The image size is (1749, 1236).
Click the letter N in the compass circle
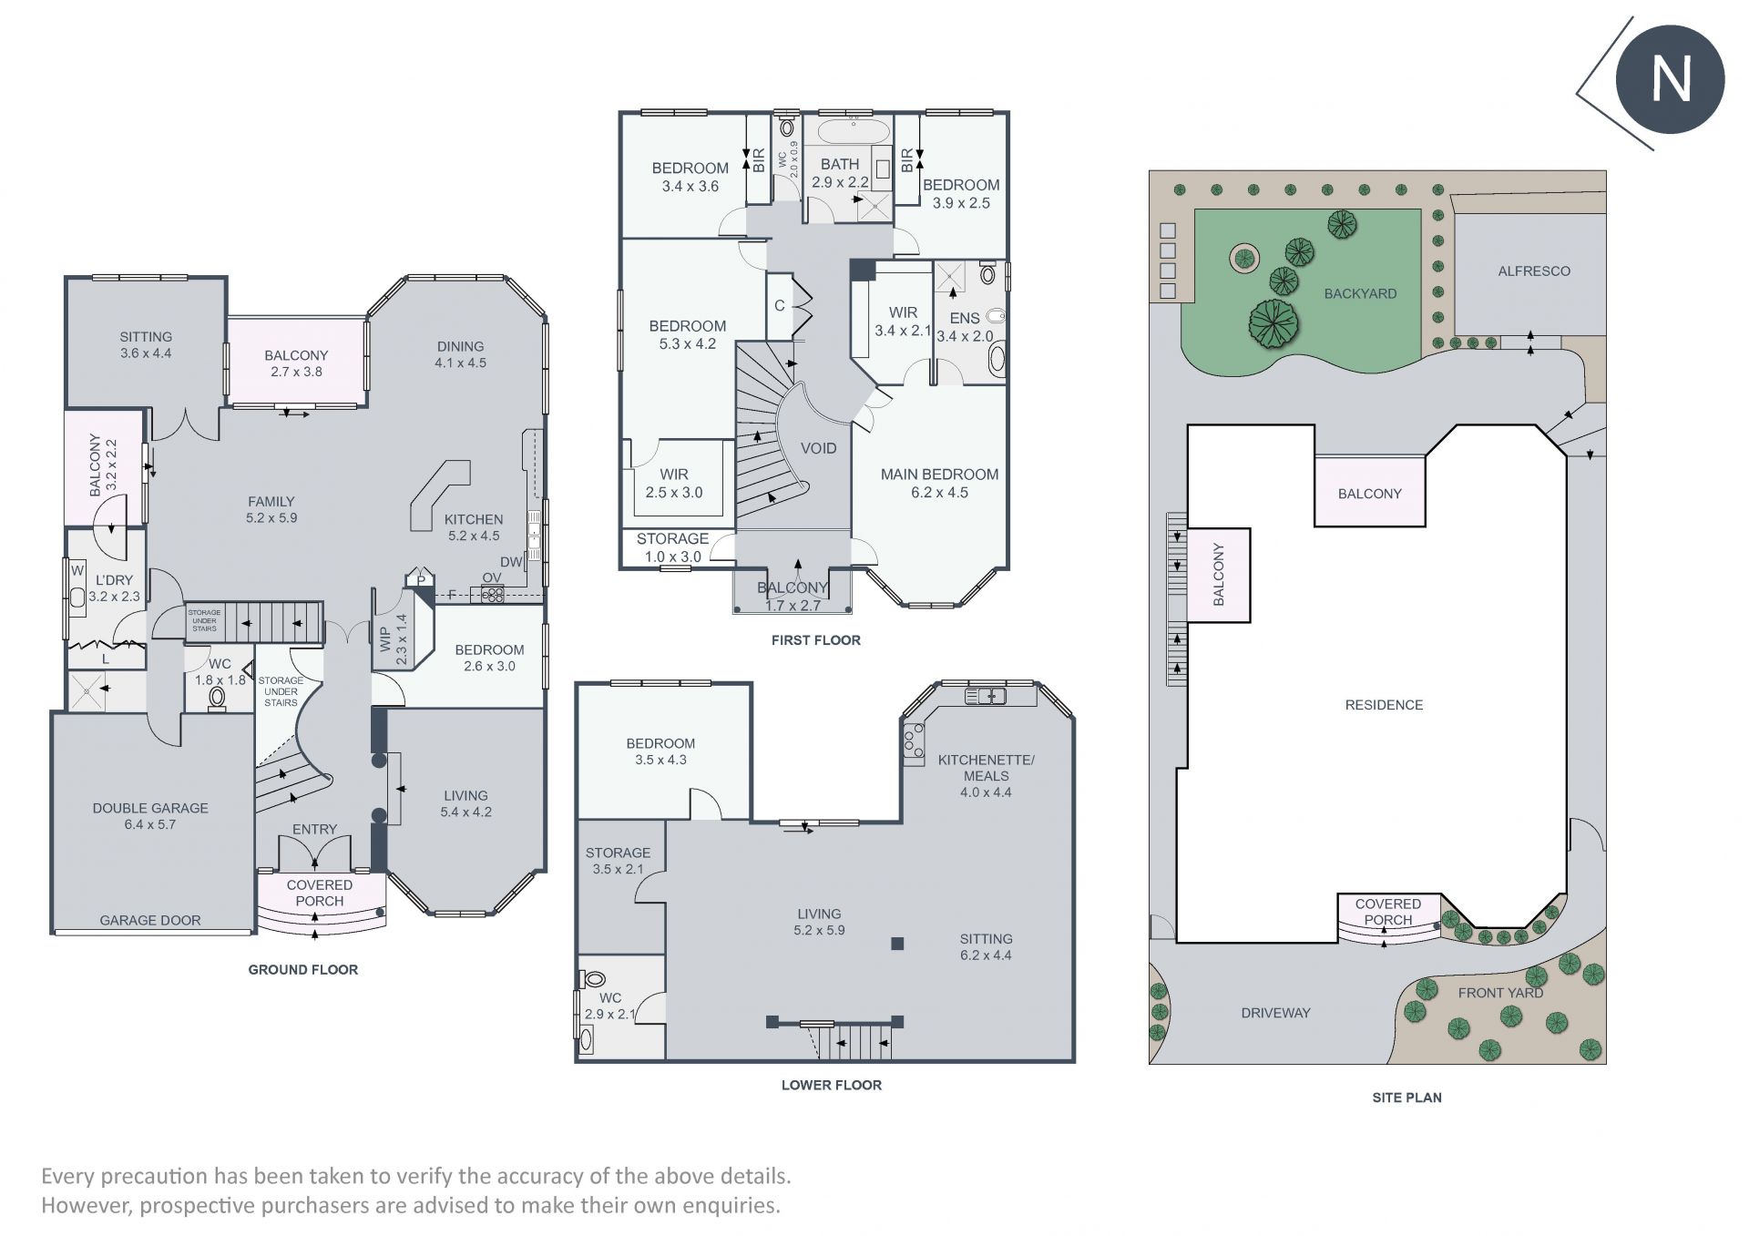coord(1671,79)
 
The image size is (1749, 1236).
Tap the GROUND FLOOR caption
coord(303,970)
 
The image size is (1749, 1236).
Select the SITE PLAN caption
coord(1406,1098)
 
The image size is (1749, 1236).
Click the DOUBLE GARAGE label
coord(150,808)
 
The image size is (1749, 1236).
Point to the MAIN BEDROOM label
coord(939,475)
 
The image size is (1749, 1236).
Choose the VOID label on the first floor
coord(818,448)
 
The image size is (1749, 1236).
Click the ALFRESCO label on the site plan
coord(1534,271)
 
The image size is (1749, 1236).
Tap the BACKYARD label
coord(1360,293)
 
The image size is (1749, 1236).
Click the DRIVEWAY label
coord(1275,1013)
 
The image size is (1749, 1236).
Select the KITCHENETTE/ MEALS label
coord(987,768)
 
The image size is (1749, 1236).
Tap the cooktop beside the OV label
coord(492,595)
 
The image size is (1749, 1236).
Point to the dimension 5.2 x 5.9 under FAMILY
coord(271,518)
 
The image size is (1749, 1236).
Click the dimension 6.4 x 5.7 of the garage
coord(150,825)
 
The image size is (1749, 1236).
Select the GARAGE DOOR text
coord(150,921)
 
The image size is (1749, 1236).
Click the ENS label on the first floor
coord(965,318)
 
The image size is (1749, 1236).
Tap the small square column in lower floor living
coord(897,944)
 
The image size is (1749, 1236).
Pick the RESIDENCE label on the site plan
coord(1384,705)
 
